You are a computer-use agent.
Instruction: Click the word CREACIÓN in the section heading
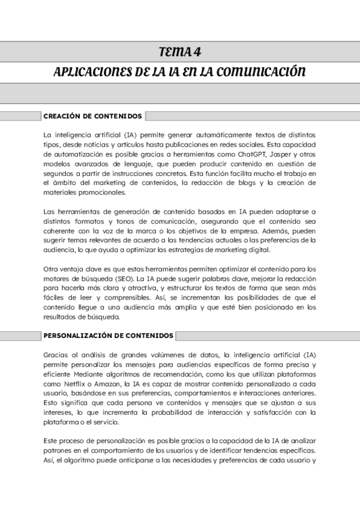tap(62, 116)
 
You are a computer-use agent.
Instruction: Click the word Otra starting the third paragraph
tap(52, 270)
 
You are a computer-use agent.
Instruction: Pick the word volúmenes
tap(158, 355)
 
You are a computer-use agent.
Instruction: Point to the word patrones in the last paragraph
tap(58, 451)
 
